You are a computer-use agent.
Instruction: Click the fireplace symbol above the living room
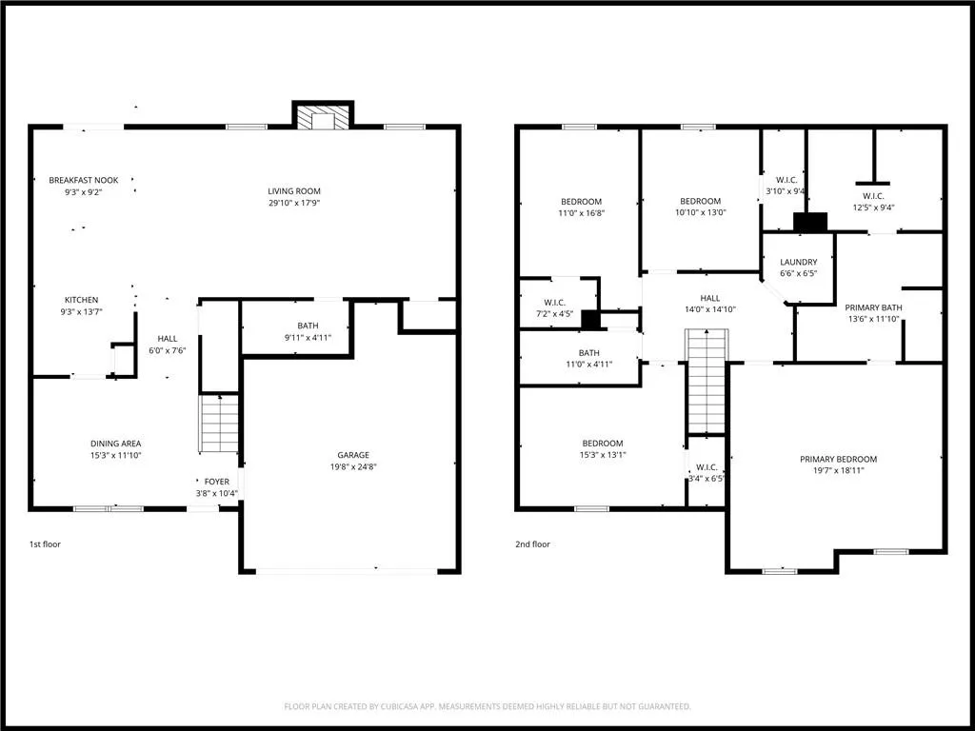[323, 117]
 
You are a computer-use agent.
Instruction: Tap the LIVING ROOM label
[293, 191]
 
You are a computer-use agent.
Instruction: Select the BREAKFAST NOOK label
[76, 180]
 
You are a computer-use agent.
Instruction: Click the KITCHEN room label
[81, 300]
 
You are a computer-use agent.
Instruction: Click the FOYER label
[216, 482]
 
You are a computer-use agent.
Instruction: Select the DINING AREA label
[116, 444]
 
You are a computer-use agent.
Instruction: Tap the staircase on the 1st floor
[219, 425]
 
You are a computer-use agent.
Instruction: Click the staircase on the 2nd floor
[706, 380]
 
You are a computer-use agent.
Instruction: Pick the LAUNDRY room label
[798, 263]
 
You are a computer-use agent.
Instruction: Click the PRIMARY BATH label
[872, 307]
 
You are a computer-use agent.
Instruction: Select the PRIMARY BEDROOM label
[838, 460]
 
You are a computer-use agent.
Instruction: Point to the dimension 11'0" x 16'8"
[581, 213]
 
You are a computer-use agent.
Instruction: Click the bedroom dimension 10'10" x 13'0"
[700, 213]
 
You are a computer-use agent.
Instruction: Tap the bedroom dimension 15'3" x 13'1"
[603, 455]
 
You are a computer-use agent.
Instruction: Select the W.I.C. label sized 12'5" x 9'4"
[873, 196]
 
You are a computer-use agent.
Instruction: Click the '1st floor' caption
[45, 544]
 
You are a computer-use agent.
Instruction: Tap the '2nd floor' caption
[534, 544]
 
